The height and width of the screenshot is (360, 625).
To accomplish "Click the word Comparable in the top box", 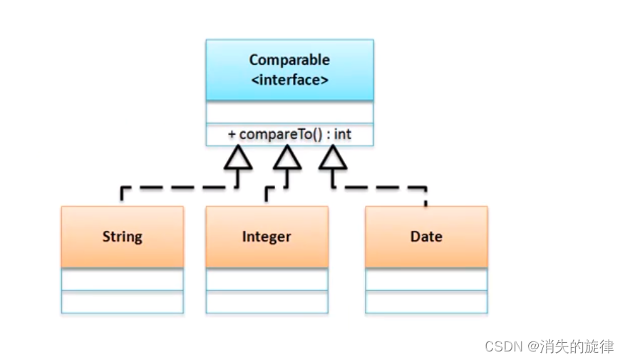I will pyautogui.click(x=289, y=60).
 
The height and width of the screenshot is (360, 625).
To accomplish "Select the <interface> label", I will pyautogui.click(x=289, y=80).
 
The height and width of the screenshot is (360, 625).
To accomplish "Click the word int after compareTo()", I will pyautogui.click(x=343, y=134).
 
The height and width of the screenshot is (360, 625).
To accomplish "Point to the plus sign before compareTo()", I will pyautogui.click(x=232, y=134).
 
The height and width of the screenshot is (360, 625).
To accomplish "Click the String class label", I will pyautogui.click(x=122, y=237).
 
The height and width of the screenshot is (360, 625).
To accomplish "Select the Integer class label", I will pyautogui.click(x=267, y=237).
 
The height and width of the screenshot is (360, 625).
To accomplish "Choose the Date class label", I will pyautogui.click(x=426, y=237).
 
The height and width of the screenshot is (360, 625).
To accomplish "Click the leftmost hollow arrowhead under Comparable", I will pyautogui.click(x=239, y=158).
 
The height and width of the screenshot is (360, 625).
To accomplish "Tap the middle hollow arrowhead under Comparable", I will pyautogui.click(x=287, y=158).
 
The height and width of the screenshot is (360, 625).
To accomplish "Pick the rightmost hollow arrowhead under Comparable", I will pyautogui.click(x=333, y=158).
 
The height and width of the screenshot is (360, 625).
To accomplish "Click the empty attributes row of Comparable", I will pyautogui.click(x=289, y=113).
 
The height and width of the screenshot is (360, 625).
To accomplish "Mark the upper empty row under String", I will pyautogui.click(x=122, y=279).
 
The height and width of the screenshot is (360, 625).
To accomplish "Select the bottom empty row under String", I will pyautogui.click(x=122, y=302).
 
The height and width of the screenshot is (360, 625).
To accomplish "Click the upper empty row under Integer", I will pyautogui.click(x=267, y=279).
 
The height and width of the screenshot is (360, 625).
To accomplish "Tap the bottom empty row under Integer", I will pyautogui.click(x=267, y=302).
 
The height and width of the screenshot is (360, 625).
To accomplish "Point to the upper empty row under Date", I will pyautogui.click(x=426, y=279).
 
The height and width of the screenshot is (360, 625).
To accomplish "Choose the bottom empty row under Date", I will pyautogui.click(x=426, y=302).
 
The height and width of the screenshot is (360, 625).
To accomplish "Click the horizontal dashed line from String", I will pyautogui.click(x=178, y=188).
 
